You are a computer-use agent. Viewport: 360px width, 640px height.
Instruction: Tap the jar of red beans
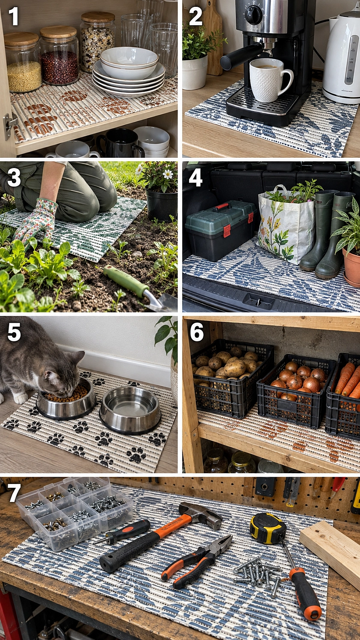click(x=59, y=56)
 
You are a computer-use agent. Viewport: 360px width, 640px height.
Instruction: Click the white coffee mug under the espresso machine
click(x=270, y=80)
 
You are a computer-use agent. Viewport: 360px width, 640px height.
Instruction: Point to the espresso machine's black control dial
click(x=253, y=13)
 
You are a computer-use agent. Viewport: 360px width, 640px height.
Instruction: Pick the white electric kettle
click(x=342, y=57)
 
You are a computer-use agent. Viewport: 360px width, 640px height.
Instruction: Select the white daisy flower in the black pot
click(x=168, y=174)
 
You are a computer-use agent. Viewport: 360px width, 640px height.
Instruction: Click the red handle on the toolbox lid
click(x=222, y=206)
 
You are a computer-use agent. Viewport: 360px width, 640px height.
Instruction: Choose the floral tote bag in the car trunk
click(x=286, y=226)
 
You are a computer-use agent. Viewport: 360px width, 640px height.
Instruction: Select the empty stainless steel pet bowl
click(x=130, y=409)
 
